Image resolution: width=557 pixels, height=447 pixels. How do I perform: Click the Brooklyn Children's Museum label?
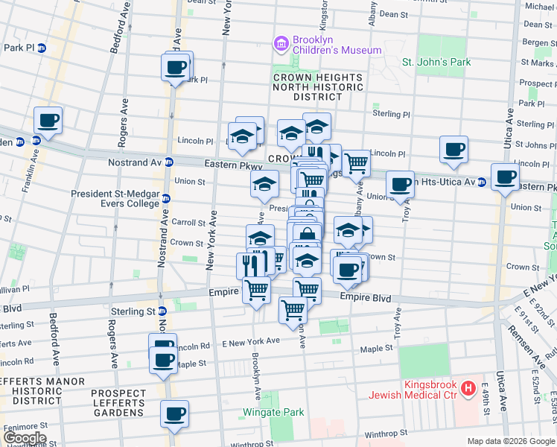(336, 45)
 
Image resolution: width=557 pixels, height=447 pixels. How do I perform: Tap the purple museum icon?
(281, 45)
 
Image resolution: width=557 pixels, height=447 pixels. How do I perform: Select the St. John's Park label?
(436, 63)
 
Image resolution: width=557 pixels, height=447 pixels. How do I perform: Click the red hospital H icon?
(468, 388)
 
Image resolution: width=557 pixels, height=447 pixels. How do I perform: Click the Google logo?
(24, 438)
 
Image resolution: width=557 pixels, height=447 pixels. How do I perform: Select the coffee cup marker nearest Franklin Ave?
(48, 121)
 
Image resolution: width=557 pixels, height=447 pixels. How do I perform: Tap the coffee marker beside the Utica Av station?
(505, 177)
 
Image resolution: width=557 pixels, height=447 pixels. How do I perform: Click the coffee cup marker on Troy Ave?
(400, 184)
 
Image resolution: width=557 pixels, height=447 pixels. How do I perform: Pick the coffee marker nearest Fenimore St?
(174, 413)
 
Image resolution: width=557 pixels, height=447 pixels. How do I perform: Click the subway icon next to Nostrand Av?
(170, 162)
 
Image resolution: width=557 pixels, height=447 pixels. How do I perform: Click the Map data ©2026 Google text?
(510, 441)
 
